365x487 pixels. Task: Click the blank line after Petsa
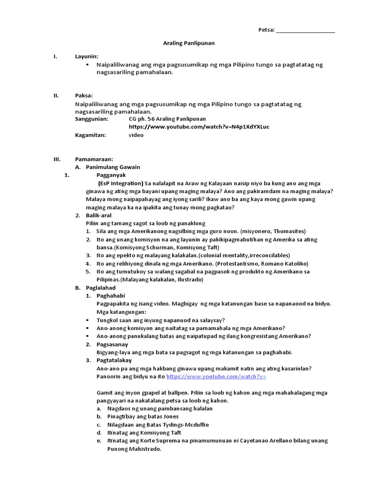305,30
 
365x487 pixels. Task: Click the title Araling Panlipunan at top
189,43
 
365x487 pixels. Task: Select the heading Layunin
86,57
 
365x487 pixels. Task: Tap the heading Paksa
84,95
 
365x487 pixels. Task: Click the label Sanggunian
92,119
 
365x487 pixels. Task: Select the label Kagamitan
91,135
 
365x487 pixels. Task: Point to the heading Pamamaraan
94,159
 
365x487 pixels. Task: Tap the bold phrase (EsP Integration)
121,183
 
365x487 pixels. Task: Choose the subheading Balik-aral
98,215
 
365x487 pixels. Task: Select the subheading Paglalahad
100,288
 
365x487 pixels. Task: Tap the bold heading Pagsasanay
112,344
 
